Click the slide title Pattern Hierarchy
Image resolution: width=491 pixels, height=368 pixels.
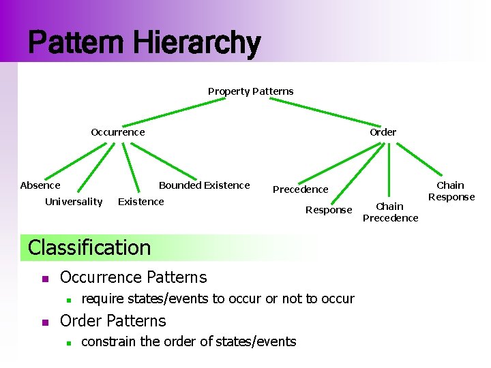(144, 43)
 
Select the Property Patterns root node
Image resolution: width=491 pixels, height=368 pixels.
(250, 91)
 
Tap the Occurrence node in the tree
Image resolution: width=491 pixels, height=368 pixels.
(118, 132)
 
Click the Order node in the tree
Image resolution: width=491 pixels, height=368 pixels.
(383, 132)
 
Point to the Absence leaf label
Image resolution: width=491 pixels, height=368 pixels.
(40, 185)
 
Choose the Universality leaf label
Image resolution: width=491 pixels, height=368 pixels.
(74, 202)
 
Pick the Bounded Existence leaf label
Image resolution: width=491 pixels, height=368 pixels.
(204, 185)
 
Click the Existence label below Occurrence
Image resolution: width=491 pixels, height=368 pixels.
(141, 202)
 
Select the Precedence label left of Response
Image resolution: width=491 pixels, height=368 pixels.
(300, 189)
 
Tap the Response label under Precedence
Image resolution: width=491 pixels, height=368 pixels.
(329, 210)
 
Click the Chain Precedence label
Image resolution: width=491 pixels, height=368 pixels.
(390, 212)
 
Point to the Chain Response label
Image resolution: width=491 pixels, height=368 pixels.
(451, 191)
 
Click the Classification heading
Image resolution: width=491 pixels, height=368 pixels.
(89, 247)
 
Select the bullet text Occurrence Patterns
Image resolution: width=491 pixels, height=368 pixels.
(133, 277)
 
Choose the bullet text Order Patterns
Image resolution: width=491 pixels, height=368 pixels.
(113, 321)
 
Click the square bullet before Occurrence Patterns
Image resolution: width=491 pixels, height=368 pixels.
(44, 278)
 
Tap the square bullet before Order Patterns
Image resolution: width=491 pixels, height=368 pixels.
(44, 322)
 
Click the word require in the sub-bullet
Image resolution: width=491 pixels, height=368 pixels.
(104, 298)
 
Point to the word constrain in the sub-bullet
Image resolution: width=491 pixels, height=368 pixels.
(109, 341)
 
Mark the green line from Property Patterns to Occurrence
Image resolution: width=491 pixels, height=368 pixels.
(177, 112)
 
